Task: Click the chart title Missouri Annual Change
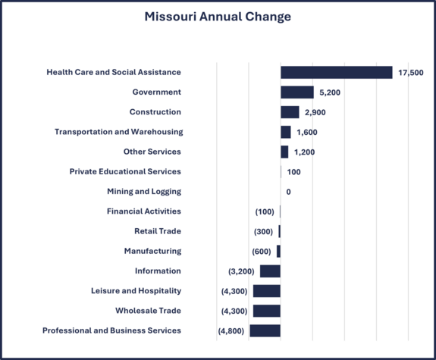click(x=218, y=17)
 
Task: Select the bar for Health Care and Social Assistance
click(x=336, y=73)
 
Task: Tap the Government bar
click(x=296, y=92)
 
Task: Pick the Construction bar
click(x=290, y=112)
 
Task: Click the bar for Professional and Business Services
click(x=265, y=330)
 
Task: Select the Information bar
click(x=270, y=271)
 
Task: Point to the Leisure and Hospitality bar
click(x=266, y=291)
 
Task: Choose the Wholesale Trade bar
click(x=266, y=311)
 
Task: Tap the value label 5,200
click(x=331, y=92)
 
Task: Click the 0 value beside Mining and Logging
click(x=288, y=192)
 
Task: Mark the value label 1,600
click(x=306, y=132)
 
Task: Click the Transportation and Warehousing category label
click(x=118, y=132)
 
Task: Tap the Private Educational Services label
click(x=125, y=171)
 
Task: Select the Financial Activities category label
click(x=143, y=211)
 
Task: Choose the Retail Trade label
click(x=158, y=231)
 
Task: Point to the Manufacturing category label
click(x=152, y=251)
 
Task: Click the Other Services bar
click(x=284, y=152)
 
